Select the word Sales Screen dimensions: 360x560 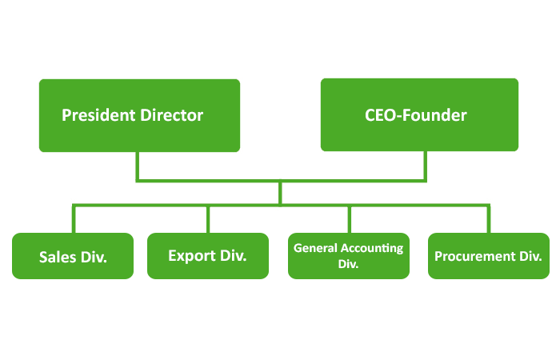coord(58,258)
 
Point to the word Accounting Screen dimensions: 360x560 coord(373,248)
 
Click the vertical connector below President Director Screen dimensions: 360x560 coord(137,166)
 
